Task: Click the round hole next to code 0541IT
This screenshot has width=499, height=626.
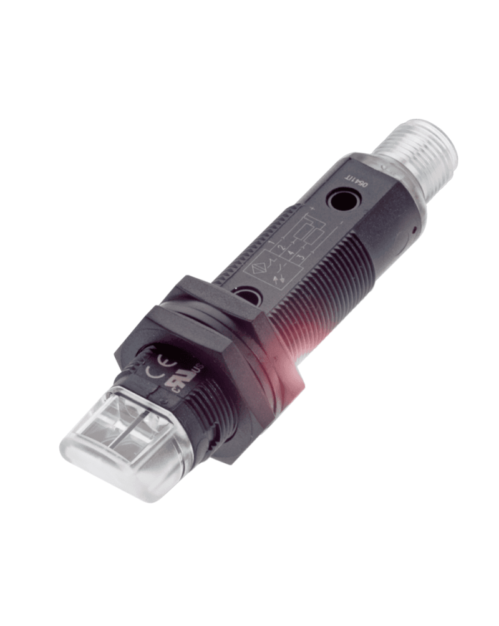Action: pyautogui.click(x=342, y=201)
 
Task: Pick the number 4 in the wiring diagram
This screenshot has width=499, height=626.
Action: pyautogui.click(x=291, y=252)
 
